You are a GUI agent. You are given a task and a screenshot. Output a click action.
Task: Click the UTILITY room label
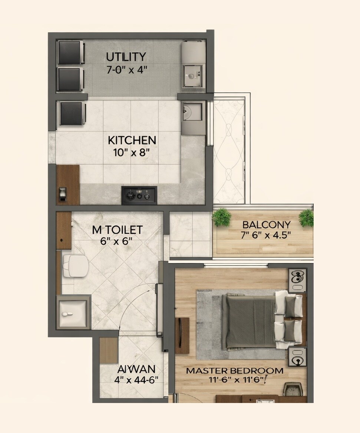[x=126, y=57]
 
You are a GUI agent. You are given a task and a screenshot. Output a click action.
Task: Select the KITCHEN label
[x=132, y=140]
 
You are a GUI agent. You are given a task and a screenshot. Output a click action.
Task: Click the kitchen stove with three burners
[x=139, y=195]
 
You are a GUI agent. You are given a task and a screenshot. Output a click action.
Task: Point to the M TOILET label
[x=117, y=230]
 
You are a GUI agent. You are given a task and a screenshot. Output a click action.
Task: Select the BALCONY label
[x=266, y=224]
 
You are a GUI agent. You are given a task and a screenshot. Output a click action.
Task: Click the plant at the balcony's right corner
[x=307, y=217]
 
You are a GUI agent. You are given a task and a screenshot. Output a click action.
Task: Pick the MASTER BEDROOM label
[x=235, y=370]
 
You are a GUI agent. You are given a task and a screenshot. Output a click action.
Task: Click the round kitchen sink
[x=191, y=111]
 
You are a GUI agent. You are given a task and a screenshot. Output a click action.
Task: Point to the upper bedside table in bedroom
[x=297, y=281]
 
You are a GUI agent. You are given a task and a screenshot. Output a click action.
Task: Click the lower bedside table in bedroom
[x=297, y=357]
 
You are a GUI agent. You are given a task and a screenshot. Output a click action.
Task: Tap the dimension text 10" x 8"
[x=132, y=151]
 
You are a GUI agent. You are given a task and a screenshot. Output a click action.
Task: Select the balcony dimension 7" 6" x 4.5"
[x=266, y=235]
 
